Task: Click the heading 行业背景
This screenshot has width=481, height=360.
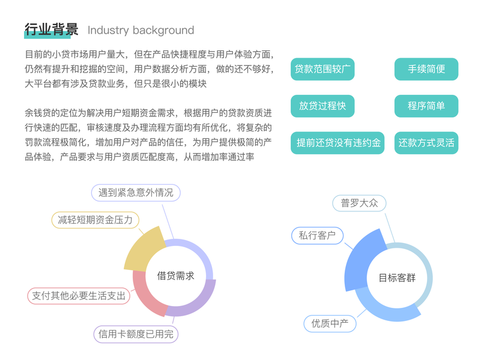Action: tap(51, 29)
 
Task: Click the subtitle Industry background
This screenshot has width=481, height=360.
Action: tap(141, 30)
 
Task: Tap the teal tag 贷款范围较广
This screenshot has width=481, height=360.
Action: tap(322, 69)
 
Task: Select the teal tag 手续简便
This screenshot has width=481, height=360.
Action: tap(426, 69)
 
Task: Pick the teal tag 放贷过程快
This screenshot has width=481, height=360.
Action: tap(322, 106)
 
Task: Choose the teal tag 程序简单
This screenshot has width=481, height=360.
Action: tap(426, 106)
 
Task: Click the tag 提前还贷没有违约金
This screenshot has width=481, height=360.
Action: tap(337, 143)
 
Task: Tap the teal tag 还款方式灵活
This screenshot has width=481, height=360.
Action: tap(426, 143)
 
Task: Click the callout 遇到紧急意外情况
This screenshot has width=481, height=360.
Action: tap(136, 193)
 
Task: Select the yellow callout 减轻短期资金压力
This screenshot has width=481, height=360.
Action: tap(95, 220)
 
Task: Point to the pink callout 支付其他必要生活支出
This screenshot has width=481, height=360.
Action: tap(79, 296)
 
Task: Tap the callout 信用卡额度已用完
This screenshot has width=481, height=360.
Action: tap(136, 334)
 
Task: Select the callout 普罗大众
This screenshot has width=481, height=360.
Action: tap(359, 203)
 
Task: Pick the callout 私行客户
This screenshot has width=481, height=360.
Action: tap(317, 235)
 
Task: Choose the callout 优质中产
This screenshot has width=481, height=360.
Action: tap(330, 324)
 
